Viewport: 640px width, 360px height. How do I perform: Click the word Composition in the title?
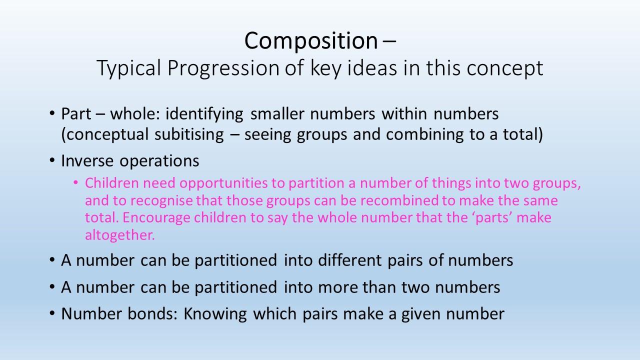[x=311, y=41]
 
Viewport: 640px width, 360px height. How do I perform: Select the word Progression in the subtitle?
[x=223, y=68]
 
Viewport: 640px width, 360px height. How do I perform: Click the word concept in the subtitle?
[x=505, y=69]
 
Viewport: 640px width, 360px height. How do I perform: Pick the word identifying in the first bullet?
[x=204, y=114]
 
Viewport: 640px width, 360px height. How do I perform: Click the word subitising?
[x=189, y=134]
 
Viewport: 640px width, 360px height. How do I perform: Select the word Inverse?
[x=87, y=161]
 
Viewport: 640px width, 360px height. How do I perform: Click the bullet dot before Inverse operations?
[x=52, y=160]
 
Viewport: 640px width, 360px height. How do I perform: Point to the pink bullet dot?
[x=75, y=182]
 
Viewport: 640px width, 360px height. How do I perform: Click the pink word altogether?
[x=120, y=235]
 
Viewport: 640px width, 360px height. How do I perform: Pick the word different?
[x=350, y=260]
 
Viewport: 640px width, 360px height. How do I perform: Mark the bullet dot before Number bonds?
[x=52, y=313]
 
